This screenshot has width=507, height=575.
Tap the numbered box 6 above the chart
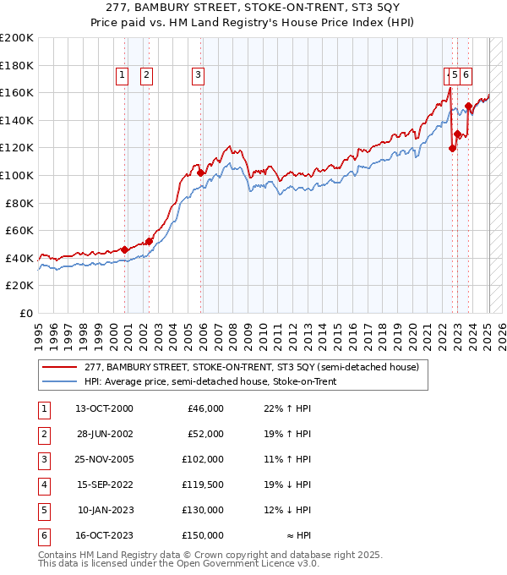click(x=466, y=74)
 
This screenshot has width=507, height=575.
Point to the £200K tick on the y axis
click(x=17, y=38)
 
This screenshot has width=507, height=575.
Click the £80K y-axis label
click(x=19, y=203)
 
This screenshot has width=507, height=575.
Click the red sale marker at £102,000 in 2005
click(x=201, y=172)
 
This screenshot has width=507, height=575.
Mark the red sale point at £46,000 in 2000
click(x=124, y=249)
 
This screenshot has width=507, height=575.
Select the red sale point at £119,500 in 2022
click(x=452, y=148)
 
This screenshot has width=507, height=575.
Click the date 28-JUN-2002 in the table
click(x=104, y=434)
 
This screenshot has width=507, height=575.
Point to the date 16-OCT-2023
click(x=104, y=535)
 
